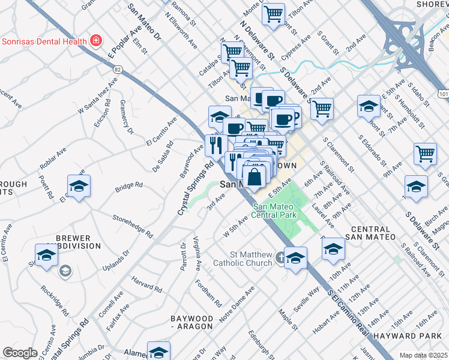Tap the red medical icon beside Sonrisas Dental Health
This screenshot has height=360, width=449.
click(95, 41)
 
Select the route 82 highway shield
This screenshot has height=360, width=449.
click(118, 70)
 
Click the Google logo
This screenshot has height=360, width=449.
click(20, 352)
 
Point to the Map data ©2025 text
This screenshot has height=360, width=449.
click(423, 355)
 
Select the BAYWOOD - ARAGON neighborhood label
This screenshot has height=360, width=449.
click(191, 322)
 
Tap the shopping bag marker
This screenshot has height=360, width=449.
click(254, 177)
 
